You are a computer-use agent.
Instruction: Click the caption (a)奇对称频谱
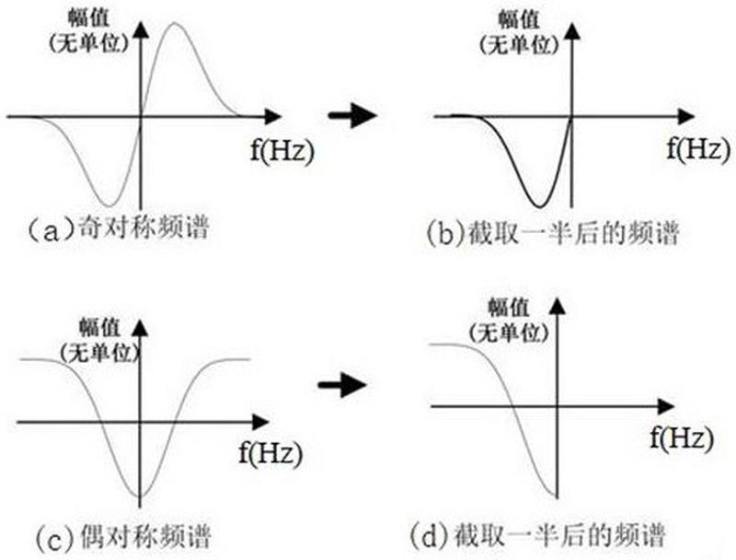click(x=119, y=228)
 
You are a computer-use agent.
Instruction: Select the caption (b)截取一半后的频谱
click(x=554, y=232)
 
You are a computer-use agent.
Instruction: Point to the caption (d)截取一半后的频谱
click(x=537, y=535)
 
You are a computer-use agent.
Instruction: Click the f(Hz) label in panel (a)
click(x=282, y=150)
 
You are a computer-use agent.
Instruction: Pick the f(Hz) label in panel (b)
click(x=698, y=148)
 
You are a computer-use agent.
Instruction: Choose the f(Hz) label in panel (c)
click(x=270, y=453)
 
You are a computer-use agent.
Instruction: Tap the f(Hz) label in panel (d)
click(x=682, y=437)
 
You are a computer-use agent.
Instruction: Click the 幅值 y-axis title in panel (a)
click(x=89, y=18)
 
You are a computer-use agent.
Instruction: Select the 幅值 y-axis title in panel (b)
click(x=519, y=20)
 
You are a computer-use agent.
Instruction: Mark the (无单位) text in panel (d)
click(x=510, y=332)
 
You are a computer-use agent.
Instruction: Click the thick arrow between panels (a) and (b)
click(x=352, y=115)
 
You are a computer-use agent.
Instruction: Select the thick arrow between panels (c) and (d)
click(x=341, y=385)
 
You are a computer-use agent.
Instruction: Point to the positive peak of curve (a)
click(x=175, y=24)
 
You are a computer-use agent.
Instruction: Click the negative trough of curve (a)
click(x=109, y=205)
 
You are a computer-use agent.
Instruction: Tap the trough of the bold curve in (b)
click(x=540, y=205)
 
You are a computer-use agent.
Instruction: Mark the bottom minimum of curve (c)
click(x=140, y=496)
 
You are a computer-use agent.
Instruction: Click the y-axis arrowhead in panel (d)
click(x=558, y=307)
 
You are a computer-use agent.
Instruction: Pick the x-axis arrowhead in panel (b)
click(x=686, y=116)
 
